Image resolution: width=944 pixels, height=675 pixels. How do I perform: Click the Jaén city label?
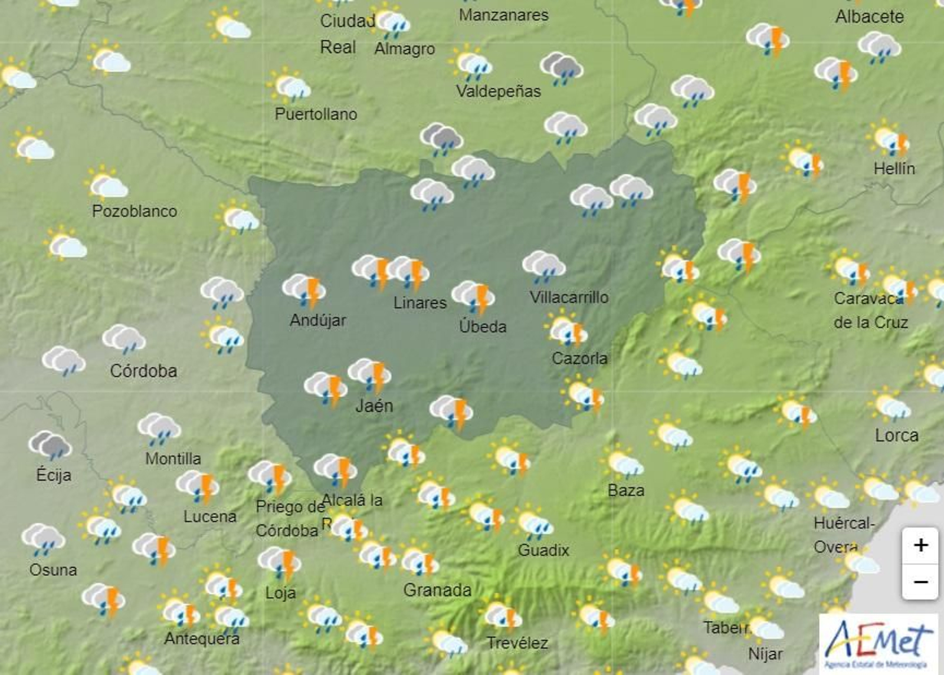374,406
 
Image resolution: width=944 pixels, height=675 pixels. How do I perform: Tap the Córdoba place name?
143,371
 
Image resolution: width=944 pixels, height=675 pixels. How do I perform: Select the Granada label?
437,590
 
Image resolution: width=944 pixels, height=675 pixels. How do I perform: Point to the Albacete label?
869,17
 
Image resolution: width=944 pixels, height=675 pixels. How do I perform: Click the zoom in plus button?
920,545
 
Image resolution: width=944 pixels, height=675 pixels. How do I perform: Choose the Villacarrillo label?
569,297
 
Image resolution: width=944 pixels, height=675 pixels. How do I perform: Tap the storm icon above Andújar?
304,289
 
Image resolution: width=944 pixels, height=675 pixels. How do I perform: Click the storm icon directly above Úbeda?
474,296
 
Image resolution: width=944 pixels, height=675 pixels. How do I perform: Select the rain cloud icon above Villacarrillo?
544,265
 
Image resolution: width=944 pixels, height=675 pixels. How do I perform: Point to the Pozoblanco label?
135,211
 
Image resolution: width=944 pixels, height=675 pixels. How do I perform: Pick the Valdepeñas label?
499,91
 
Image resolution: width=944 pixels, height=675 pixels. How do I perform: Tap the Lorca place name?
896,436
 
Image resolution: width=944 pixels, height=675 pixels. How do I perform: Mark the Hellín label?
894,169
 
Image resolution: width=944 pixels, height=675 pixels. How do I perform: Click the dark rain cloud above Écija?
50,445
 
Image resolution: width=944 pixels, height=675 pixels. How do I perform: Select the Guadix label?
543,551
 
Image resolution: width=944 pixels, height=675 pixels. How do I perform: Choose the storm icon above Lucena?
198,486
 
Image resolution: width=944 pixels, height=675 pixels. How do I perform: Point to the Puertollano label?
316,114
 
